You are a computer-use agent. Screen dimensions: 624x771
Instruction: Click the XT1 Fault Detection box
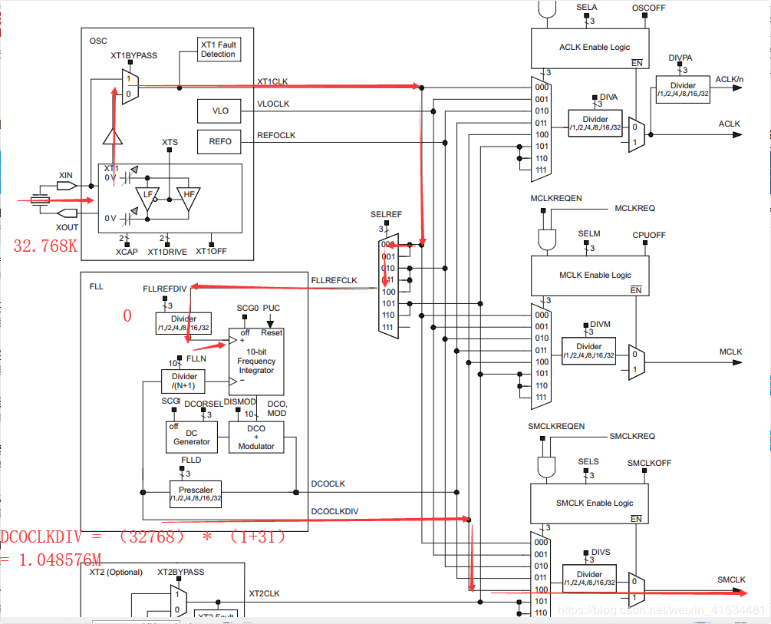[218, 49]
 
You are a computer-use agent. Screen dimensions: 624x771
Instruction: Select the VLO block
[219, 111]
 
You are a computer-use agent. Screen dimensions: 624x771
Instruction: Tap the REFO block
[219, 142]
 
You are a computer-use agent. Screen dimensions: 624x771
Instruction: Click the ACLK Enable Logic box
[590, 47]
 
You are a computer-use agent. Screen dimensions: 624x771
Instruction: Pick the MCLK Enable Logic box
[590, 274]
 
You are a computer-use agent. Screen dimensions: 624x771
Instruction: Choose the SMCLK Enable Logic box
[590, 503]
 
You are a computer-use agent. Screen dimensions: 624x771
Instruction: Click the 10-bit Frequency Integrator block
[256, 360]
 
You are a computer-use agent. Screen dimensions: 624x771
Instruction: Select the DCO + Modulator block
[256, 437]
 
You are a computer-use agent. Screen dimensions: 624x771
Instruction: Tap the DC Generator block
[192, 437]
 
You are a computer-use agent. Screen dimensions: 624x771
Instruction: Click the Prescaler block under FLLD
[196, 494]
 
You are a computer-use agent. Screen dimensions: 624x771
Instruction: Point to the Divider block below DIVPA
[683, 89]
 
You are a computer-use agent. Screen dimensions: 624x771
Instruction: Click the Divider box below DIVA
[595, 123]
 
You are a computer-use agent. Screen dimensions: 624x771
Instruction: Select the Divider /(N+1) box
[184, 381]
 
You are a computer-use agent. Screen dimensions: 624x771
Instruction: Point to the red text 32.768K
[45, 246]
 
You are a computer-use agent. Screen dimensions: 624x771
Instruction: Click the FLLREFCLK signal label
[334, 280]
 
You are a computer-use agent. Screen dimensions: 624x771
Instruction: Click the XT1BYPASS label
[136, 56]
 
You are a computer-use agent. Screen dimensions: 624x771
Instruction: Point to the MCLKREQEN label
[555, 198]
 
